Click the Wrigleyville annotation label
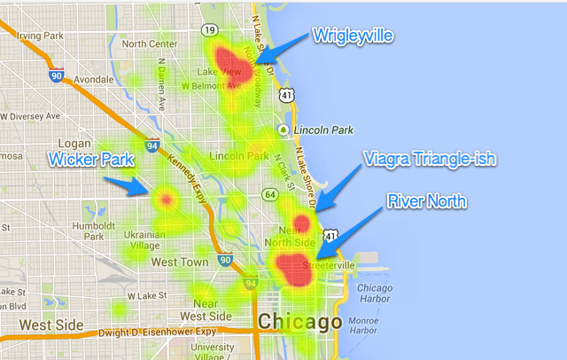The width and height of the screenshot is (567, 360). tap(353, 35)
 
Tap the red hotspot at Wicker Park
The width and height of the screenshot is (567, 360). tap(165, 199)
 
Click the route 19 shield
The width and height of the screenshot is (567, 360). tap(209, 29)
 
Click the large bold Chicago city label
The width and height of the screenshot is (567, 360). tap(299, 321)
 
